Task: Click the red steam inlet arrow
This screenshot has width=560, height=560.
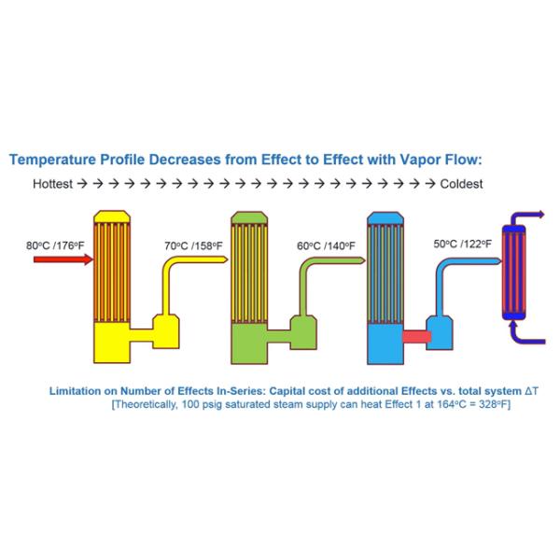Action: [x=61, y=260]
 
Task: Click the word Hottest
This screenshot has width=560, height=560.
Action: [x=52, y=184]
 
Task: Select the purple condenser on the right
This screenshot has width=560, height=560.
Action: [x=514, y=271]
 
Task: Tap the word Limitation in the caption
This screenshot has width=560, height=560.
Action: [x=77, y=390]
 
